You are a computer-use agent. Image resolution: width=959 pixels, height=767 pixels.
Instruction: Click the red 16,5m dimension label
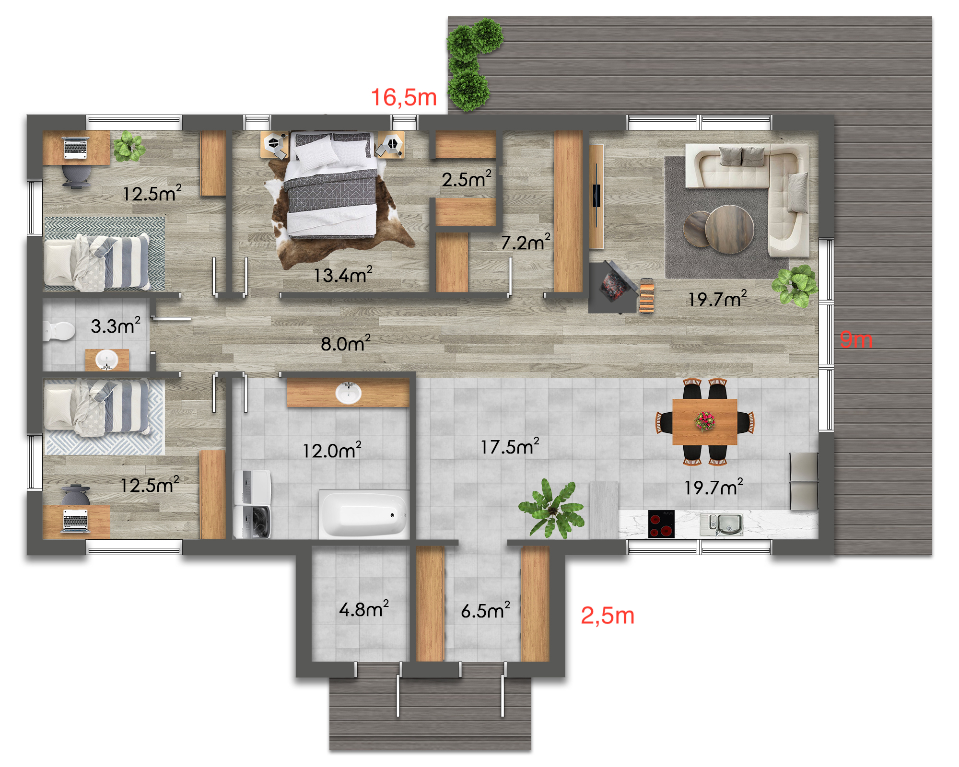click(x=404, y=98)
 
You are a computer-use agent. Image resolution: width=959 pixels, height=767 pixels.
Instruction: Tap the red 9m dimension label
click(x=856, y=340)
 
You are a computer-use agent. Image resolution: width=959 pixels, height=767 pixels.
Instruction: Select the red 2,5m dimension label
click(x=608, y=616)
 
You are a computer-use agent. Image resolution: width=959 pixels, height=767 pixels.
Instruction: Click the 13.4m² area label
click(x=343, y=275)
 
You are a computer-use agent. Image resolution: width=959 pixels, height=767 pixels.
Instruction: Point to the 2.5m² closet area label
click(x=467, y=179)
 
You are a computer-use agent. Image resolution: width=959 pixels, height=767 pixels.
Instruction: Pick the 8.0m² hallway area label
click(x=346, y=343)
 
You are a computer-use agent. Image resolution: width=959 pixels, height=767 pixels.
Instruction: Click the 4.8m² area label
click(x=364, y=609)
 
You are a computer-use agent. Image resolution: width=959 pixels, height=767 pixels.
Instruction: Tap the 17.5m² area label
click(x=510, y=446)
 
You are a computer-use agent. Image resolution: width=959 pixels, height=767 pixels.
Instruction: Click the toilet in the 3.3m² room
click(x=59, y=331)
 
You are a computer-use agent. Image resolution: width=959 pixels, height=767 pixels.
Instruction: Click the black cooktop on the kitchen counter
click(x=661, y=524)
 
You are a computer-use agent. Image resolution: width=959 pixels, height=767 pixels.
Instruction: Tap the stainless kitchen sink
click(x=722, y=524)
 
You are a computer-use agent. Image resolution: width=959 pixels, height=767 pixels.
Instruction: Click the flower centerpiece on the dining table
click(x=705, y=421)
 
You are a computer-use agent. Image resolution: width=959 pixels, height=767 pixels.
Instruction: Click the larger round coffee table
click(x=729, y=229)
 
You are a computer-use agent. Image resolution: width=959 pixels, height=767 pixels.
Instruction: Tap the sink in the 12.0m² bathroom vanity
click(x=349, y=393)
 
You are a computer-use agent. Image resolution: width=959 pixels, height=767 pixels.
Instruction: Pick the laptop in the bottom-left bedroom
click(x=76, y=521)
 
